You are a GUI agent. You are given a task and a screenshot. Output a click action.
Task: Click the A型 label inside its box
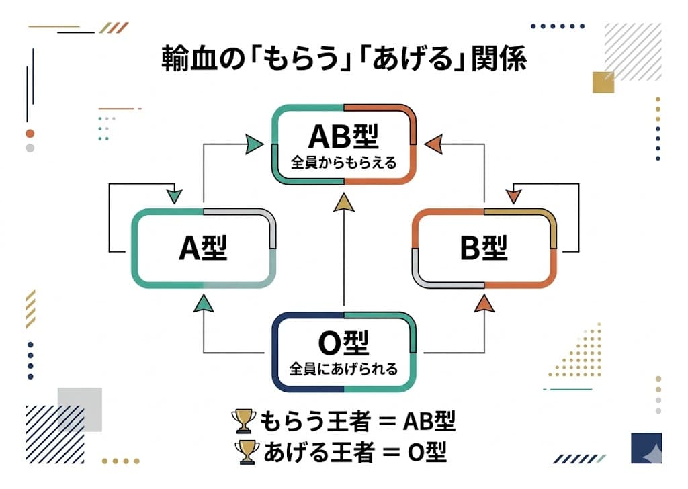[203, 249]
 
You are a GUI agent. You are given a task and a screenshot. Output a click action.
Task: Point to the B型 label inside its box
[483, 249]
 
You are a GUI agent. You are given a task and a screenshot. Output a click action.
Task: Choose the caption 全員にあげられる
[343, 369]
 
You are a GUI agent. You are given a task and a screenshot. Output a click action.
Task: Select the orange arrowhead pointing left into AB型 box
[433, 143]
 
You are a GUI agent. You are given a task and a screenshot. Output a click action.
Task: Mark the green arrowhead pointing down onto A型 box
[174, 195]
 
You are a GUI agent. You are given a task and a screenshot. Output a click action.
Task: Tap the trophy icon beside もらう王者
[243, 422]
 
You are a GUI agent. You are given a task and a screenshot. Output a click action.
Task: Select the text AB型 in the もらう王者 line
[429, 422]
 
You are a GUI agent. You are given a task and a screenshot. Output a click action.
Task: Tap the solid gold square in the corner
[603, 82]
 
